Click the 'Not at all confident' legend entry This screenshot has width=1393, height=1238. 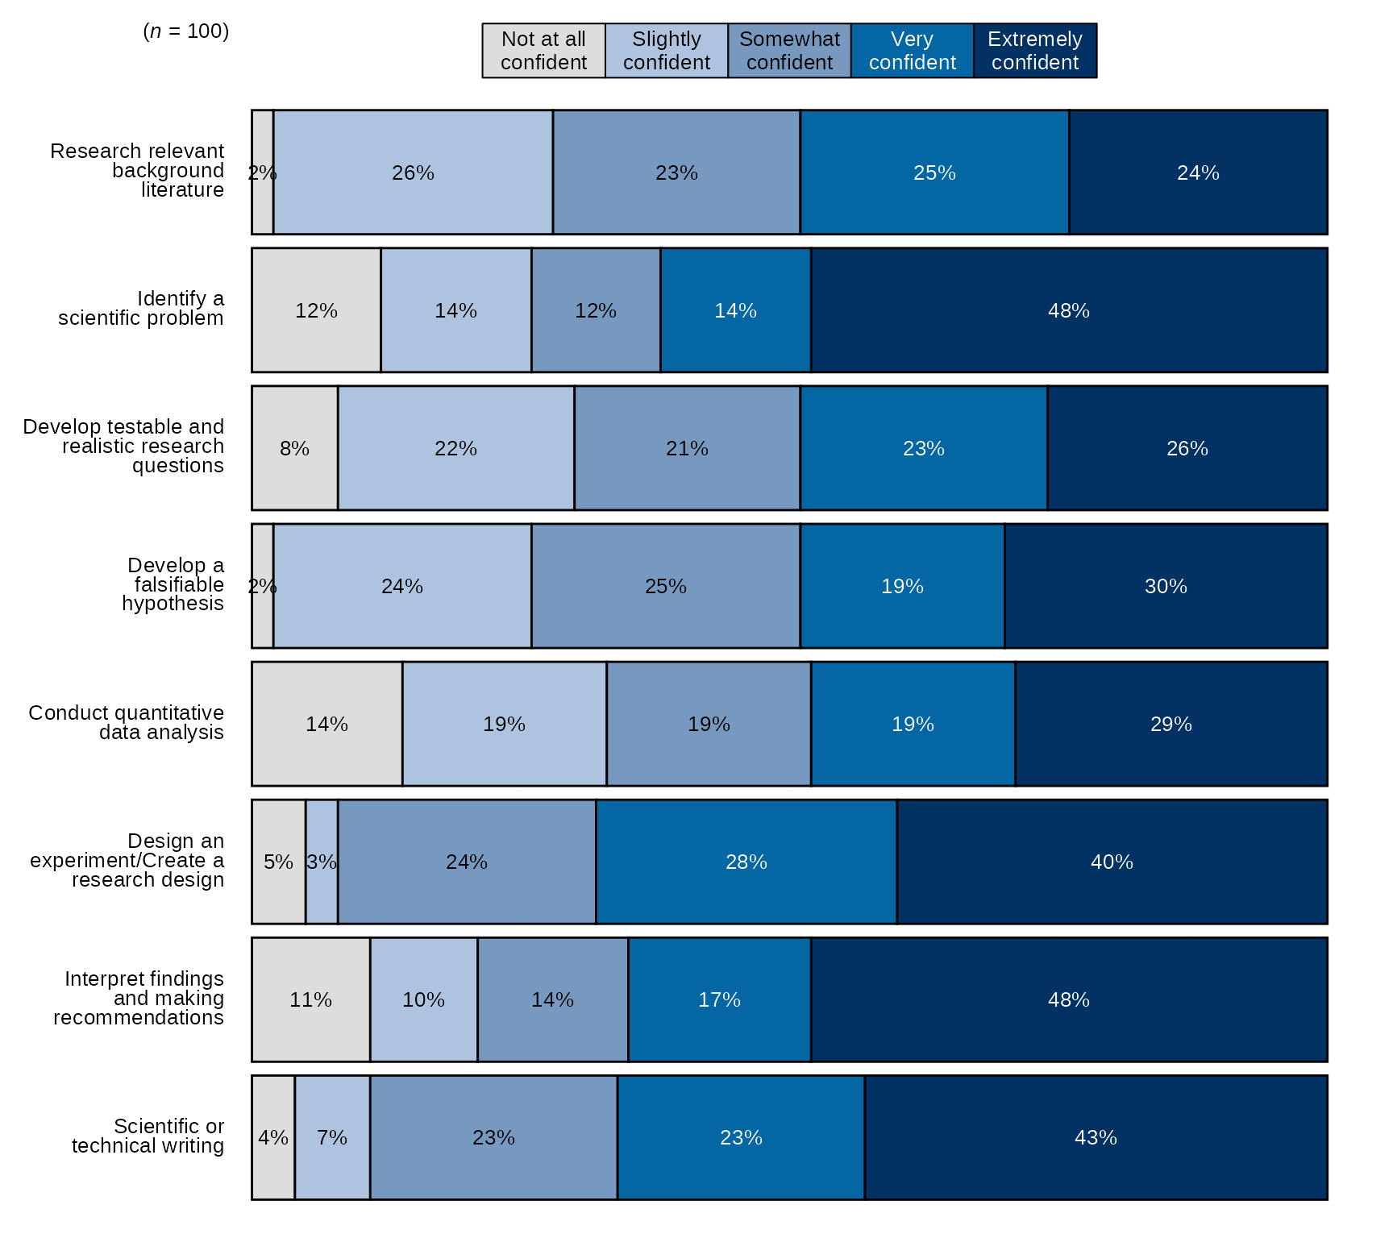point(543,51)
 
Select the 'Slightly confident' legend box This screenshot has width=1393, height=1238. point(666,51)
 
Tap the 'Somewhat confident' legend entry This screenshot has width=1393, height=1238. point(789,51)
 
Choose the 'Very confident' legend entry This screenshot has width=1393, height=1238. point(912,51)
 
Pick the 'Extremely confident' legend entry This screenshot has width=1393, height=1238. point(1034,51)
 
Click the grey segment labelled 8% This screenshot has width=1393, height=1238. point(294,448)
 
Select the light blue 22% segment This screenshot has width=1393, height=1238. point(455,448)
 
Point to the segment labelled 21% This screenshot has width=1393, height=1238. point(687,448)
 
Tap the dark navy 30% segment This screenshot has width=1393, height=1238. point(1166,586)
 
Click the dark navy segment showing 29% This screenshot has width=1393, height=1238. point(1171,724)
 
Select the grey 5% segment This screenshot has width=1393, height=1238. point(278,862)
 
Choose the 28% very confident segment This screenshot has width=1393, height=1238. point(746,862)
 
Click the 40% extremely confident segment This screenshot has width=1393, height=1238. point(1112,862)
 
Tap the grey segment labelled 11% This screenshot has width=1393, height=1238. point(310,999)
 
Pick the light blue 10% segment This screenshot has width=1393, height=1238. point(423,999)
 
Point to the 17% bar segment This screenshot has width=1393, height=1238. point(719,999)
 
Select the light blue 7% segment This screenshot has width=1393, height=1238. point(332,1137)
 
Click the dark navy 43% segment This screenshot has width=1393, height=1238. point(1096,1137)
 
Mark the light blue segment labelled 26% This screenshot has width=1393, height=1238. point(413,172)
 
